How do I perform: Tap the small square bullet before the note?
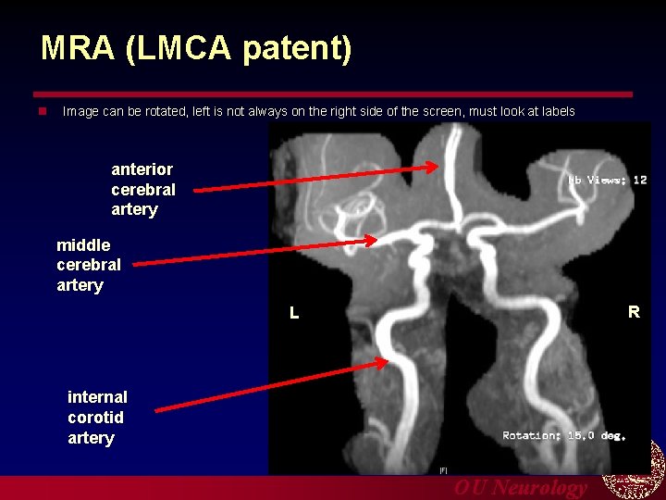pos(42,111)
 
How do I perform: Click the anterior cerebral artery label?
pos(142,189)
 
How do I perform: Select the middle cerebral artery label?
pos(88,265)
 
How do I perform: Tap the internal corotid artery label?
pos(97,417)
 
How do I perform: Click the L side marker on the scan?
pos(294,313)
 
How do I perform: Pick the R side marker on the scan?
pos(634,312)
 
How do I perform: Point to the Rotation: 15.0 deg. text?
pos(564,435)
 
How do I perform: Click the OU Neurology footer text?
pos(520,488)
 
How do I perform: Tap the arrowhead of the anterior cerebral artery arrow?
pos(435,168)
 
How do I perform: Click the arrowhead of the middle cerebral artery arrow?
pos(372,241)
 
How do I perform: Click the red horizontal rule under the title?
pos(333,94)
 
